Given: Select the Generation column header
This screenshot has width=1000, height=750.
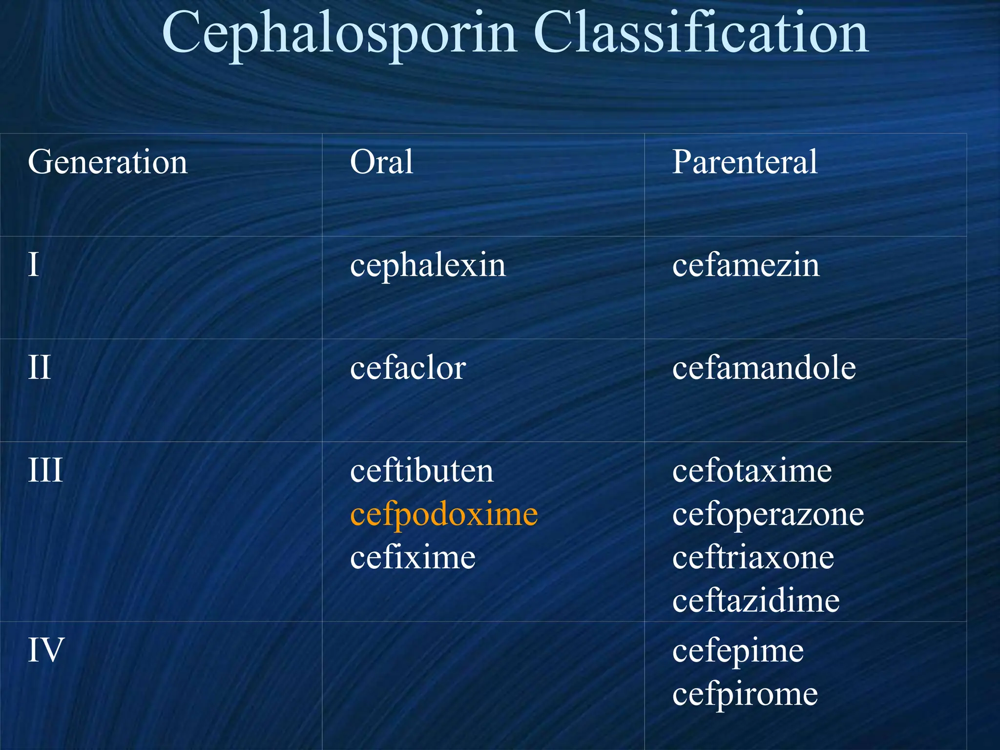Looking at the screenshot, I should tap(107, 162).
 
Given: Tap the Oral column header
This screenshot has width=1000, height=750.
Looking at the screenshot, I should tap(381, 162).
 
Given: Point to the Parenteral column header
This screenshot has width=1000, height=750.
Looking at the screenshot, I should tap(745, 162).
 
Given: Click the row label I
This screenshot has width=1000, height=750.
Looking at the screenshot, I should tap(33, 265).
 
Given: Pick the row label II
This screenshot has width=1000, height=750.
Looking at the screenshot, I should tap(39, 368).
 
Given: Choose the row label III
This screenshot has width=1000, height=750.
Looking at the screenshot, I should tap(45, 471).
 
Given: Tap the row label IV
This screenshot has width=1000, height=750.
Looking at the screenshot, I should tap(46, 650).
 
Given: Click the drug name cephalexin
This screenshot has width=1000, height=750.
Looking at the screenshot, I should tap(428, 266).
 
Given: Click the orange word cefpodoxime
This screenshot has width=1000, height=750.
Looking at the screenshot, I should tap(444, 515).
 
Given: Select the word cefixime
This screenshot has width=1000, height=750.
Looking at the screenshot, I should tap(413, 558).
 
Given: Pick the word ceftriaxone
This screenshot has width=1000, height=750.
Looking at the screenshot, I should tap(753, 558).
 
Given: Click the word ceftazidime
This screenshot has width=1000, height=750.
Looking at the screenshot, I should tap(756, 601).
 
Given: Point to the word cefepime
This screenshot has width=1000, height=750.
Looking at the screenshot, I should tap(738, 651).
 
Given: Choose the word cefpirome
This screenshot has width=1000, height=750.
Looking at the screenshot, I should tap(745, 694).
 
